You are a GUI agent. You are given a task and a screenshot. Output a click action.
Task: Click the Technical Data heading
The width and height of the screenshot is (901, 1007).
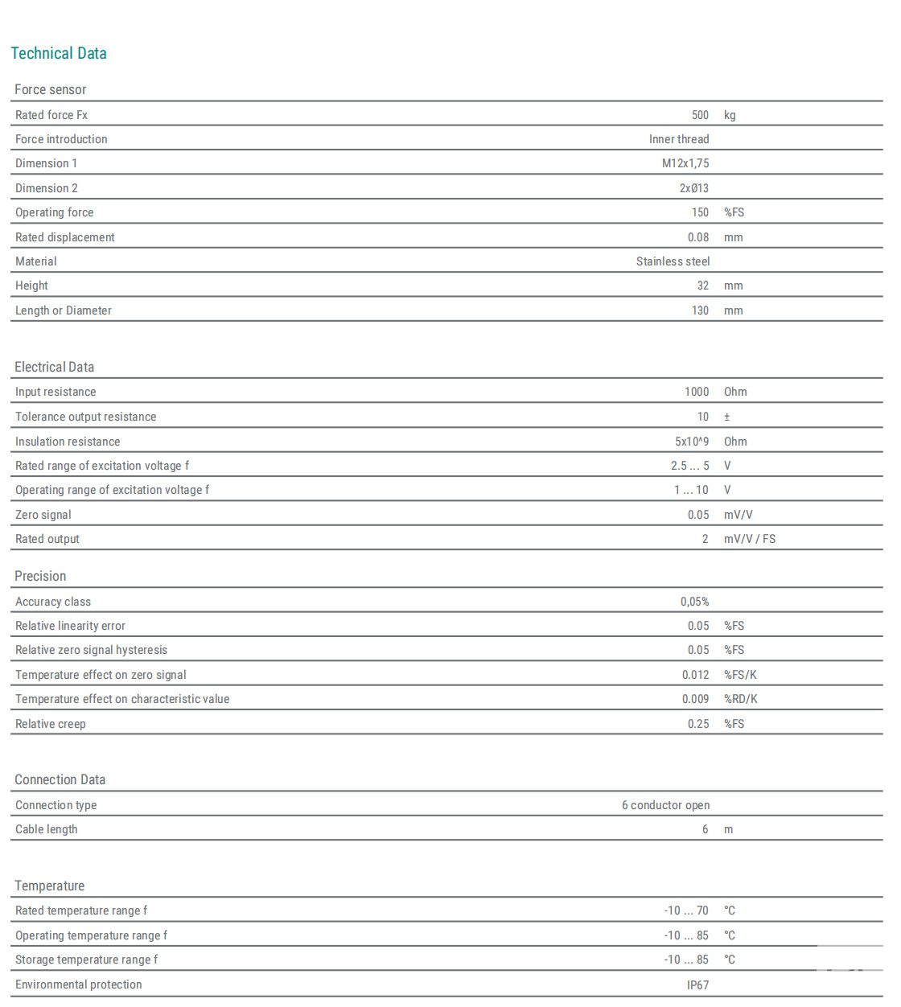[x=59, y=53]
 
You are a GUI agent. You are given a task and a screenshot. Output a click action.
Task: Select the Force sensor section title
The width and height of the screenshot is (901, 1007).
[x=50, y=89]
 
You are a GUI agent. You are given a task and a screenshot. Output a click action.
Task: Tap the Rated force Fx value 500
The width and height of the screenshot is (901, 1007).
[x=700, y=115]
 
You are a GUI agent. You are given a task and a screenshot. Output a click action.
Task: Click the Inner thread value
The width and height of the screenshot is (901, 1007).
[x=679, y=139]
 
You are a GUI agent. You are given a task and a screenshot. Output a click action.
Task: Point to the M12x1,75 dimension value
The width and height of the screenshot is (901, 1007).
[x=685, y=163]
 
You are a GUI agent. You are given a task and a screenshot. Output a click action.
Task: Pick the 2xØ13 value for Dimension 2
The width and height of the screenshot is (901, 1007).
[x=694, y=188]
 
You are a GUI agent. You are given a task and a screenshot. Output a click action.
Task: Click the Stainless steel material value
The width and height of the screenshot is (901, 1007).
[x=673, y=261]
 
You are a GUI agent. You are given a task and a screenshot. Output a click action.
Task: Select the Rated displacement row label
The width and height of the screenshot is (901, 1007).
[x=64, y=237]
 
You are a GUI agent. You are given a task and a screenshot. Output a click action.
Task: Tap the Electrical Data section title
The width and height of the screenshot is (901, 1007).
[x=54, y=367]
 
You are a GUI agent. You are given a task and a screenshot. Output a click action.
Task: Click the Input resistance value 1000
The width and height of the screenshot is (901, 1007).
[x=697, y=392]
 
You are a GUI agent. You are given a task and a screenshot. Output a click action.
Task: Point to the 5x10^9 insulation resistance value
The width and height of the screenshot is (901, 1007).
[x=692, y=442]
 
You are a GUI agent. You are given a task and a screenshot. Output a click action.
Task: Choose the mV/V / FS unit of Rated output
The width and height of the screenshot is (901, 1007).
[x=750, y=539]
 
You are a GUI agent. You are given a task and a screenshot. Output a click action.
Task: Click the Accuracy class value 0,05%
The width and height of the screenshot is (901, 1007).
[x=694, y=602]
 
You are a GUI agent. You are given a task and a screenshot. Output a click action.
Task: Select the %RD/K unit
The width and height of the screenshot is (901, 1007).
[x=740, y=699]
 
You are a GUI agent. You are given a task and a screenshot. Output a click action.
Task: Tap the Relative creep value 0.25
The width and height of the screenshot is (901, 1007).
[x=698, y=724]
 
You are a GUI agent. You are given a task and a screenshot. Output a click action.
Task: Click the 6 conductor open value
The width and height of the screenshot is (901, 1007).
[x=665, y=805]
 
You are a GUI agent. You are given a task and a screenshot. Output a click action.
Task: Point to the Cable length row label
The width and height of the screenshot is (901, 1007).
[x=47, y=829]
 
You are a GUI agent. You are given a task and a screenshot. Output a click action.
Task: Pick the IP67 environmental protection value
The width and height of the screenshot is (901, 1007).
[x=697, y=984]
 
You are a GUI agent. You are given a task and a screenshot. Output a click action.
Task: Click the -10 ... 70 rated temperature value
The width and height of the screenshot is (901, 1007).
[x=686, y=910]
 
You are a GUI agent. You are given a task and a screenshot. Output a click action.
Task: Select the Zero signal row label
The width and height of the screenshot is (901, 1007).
[x=43, y=515]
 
